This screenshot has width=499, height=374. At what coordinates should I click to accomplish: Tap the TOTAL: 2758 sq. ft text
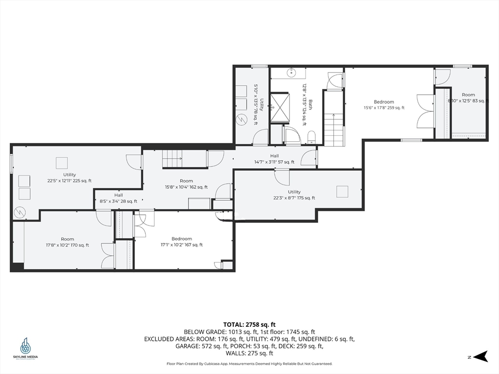click(x=249, y=324)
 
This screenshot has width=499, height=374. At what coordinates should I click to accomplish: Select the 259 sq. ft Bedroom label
click(x=384, y=105)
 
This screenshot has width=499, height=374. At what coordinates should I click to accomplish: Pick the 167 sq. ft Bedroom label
click(x=182, y=242)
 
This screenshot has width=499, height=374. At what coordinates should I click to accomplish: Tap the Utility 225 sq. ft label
click(x=69, y=177)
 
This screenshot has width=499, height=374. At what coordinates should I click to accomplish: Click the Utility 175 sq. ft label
click(x=294, y=195)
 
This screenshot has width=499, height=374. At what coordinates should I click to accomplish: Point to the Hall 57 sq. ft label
click(x=274, y=159)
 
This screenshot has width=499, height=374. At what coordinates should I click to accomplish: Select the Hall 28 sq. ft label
click(x=118, y=198)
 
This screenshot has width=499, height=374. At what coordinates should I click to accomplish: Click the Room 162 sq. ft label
click(x=186, y=184)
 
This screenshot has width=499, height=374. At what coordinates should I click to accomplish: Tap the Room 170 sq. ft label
click(x=67, y=242)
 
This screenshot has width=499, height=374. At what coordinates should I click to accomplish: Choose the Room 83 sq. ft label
click(x=468, y=98)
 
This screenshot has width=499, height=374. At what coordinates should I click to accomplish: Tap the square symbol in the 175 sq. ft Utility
click(x=342, y=191)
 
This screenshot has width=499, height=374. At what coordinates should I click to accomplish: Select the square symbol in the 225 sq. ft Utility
click(x=62, y=162)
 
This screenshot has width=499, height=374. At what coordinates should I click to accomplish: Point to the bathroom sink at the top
click(x=291, y=73)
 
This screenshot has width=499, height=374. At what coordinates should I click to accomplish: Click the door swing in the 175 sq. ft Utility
click(x=282, y=177)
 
